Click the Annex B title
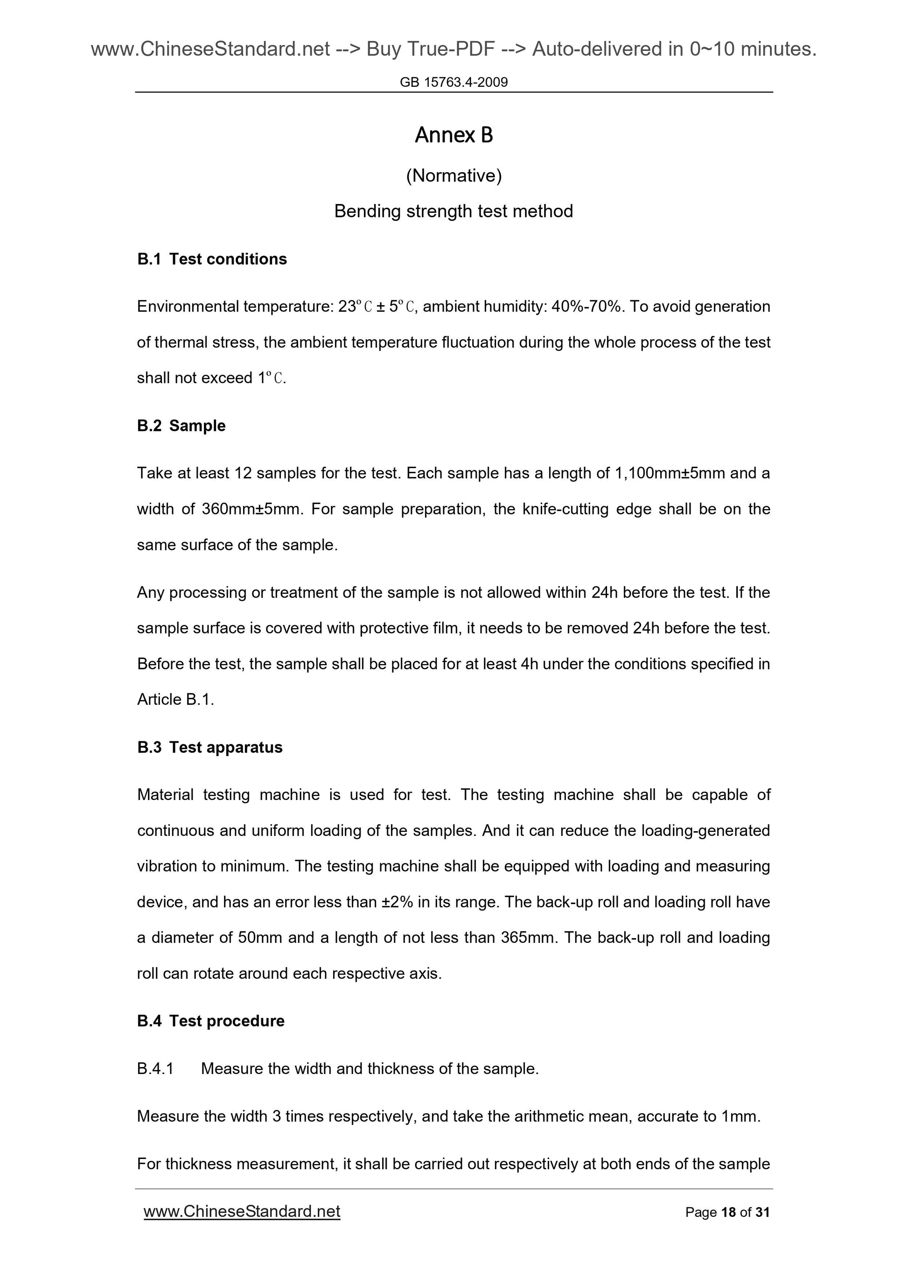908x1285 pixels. tap(454, 135)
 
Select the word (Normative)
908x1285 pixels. tap(454, 176)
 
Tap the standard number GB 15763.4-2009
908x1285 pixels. tap(454, 82)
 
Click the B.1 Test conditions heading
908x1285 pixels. tap(211, 259)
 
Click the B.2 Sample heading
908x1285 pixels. tap(181, 426)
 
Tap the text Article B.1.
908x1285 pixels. tap(175, 700)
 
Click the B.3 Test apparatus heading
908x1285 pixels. tap(210, 748)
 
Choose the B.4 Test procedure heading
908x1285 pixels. tap(210, 1021)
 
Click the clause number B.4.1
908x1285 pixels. tap(155, 1068)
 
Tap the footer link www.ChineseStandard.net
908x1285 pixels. tap(242, 1211)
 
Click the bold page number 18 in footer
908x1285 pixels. tap(728, 1212)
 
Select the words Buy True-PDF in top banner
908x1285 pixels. tap(430, 49)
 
